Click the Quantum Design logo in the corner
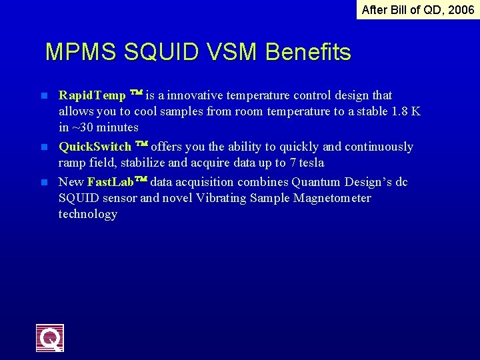click(50, 337)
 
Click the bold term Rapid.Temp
click(92, 95)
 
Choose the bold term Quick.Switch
click(95, 147)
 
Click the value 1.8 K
click(405, 111)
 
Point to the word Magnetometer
click(332, 198)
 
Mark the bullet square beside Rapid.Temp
click(45, 96)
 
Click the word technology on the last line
click(87, 214)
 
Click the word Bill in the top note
click(397, 9)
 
